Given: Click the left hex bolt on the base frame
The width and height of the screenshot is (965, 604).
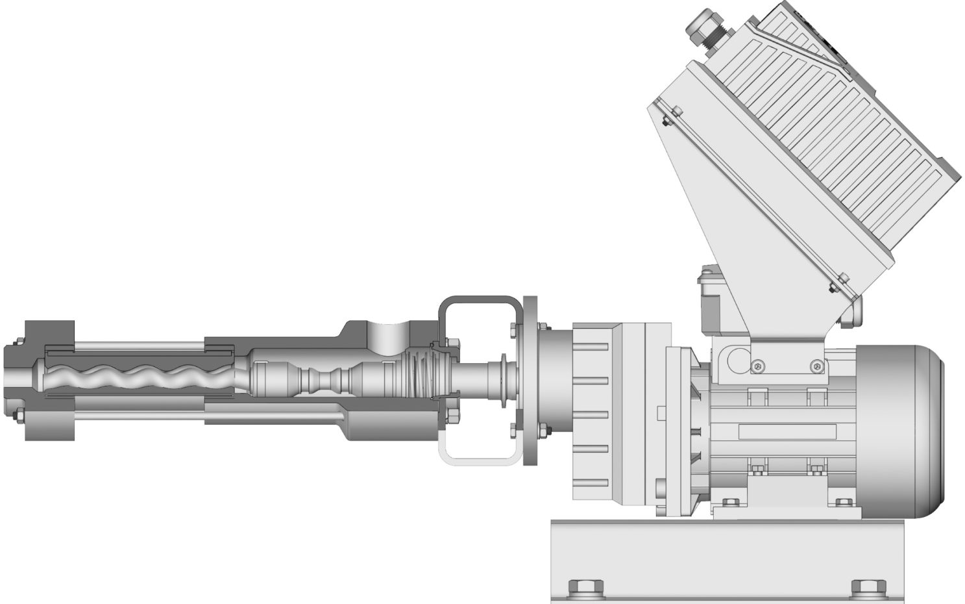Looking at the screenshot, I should tap(586, 588).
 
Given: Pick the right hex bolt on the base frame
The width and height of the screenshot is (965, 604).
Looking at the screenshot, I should tap(869, 588).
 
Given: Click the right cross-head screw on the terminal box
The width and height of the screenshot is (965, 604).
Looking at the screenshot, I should tap(816, 367).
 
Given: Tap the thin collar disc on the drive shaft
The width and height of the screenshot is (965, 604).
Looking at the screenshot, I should tap(504, 376).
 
